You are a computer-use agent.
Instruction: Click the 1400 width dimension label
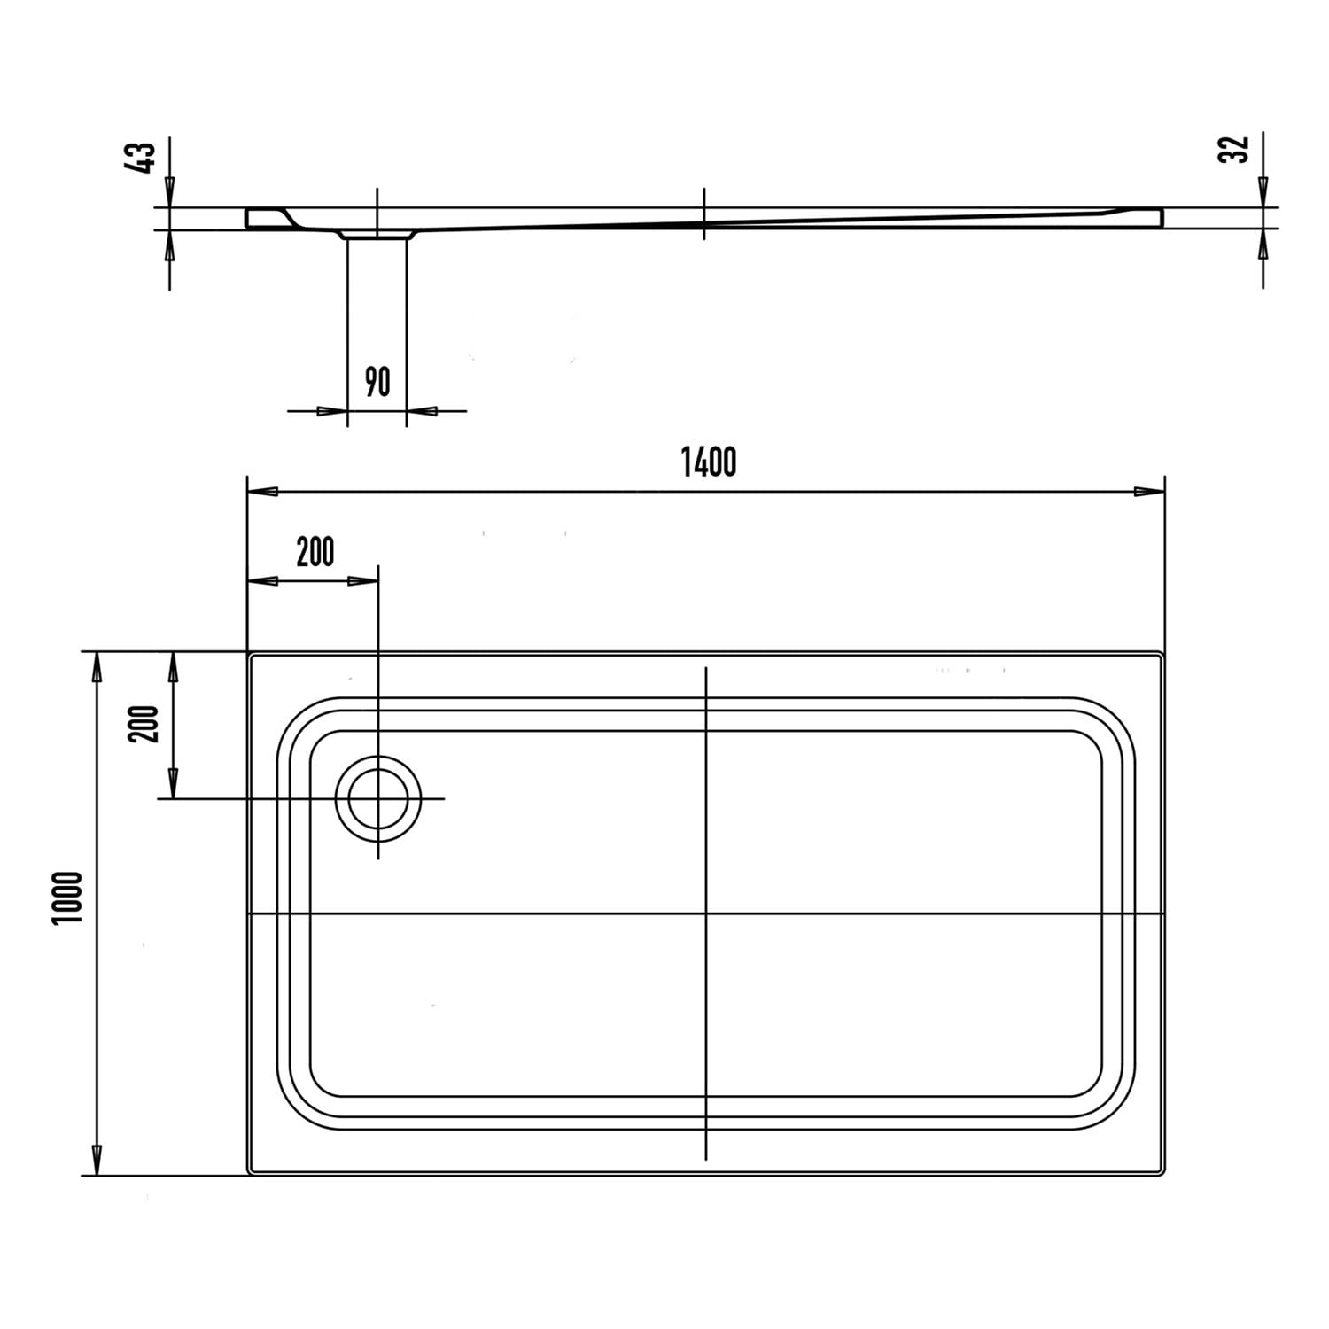coord(708,462)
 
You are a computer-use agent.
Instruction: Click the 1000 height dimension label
coord(67,898)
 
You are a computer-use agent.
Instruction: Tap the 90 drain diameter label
coord(377,382)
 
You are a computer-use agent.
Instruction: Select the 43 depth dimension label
coord(143,158)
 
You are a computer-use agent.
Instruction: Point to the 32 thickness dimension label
coord(1234,148)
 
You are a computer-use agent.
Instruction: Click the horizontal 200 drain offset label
coord(315,552)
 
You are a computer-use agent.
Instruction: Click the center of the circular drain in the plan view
coord(378,798)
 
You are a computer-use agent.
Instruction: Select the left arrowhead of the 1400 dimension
coord(262,492)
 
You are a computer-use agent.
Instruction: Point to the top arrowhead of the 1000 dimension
coord(97,667)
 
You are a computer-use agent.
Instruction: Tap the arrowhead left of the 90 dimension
coord(331,411)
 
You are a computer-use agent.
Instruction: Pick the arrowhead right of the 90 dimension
coord(422,411)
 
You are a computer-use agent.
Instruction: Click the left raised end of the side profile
coord(262,218)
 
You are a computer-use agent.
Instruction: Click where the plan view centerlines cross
coord(705,913)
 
